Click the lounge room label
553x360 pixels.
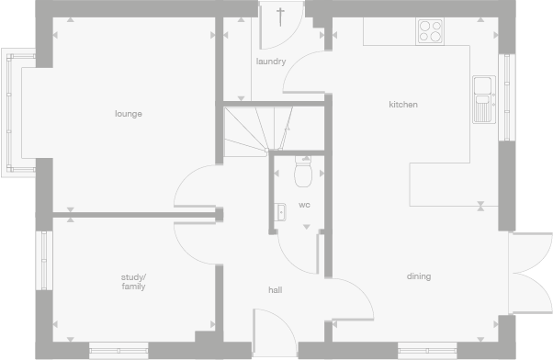pos(129,114)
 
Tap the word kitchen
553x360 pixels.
pos(402,105)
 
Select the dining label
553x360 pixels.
pos(419,276)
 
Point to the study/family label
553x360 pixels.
pos(133,281)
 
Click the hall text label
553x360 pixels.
pos(275,290)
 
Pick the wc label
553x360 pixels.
pos(304,205)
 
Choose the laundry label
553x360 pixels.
pos(271,62)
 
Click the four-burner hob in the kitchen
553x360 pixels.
pos(430,31)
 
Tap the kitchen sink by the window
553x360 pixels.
pos(483,98)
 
